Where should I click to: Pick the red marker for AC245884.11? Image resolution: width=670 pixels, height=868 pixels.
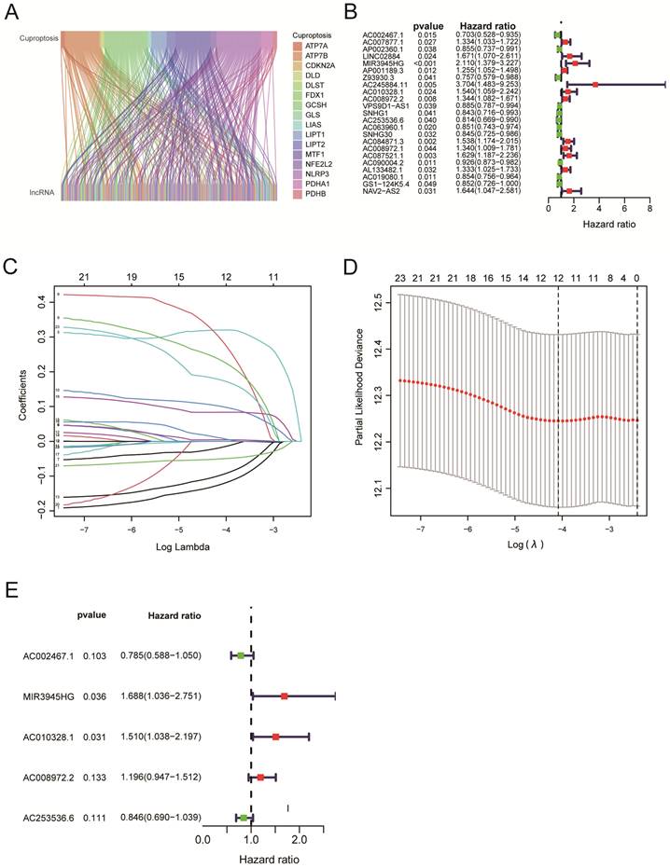594,85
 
